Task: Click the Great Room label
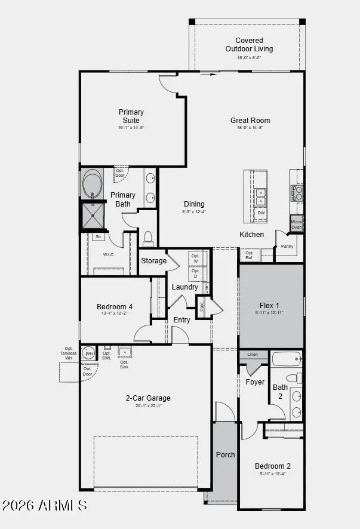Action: [x=250, y=121]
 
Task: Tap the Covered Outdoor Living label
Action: [x=249, y=45]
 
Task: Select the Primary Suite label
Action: [x=131, y=116]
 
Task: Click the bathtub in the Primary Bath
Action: [x=92, y=184]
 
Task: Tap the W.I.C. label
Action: [x=109, y=255]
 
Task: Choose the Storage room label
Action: [x=153, y=261]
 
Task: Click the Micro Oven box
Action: [x=296, y=224]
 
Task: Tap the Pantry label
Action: [x=287, y=246]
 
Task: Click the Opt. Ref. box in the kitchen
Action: [x=250, y=256]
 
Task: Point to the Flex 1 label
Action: [x=269, y=305]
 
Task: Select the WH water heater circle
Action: [x=89, y=353]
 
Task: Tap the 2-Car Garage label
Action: [x=147, y=398]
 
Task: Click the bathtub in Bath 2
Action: [x=287, y=359]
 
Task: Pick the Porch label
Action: [x=225, y=455]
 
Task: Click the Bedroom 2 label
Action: [x=272, y=466]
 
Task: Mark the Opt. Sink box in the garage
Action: [x=125, y=352]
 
